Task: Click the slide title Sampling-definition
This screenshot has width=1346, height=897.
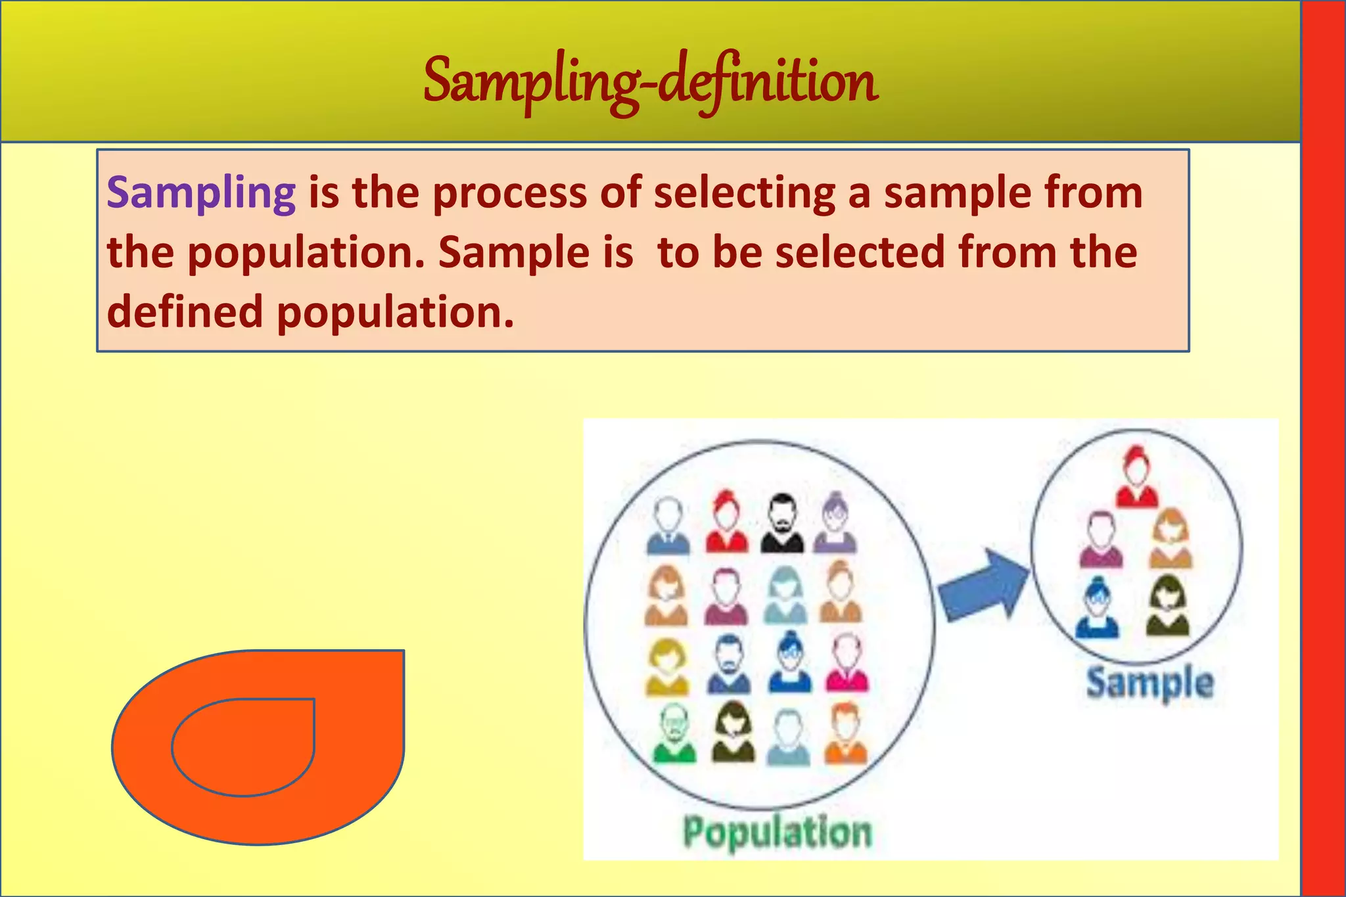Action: pyautogui.click(x=651, y=82)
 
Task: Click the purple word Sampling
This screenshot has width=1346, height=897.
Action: pyautogui.click(x=201, y=193)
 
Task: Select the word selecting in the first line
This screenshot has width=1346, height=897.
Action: pyautogui.click(x=744, y=193)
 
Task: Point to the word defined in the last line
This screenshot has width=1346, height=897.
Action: pyautogui.click(x=185, y=311)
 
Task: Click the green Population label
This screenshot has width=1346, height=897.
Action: pyautogui.click(x=777, y=833)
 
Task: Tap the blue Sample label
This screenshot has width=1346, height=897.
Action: pyautogui.click(x=1149, y=683)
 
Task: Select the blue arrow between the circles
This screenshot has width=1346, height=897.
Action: pyautogui.click(x=981, y=585)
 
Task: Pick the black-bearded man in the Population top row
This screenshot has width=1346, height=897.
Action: pyautogui.click(x=782, y=524)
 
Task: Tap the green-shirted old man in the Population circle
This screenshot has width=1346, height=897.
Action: pyautogui.click(x=674, y=733)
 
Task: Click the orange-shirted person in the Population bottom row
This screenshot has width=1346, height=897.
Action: pyautogui.click(x=846, y=733)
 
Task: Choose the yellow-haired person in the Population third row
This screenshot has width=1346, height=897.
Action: pyautogui.click(x=667, y=666)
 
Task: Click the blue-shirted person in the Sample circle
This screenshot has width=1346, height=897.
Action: pyautogui.click(x=1096, y=608)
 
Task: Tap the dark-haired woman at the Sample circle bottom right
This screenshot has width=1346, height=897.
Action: pyautogui.click(x=1167, y=606)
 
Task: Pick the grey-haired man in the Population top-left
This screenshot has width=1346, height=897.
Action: pyautogui.click(x=668, y=525)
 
